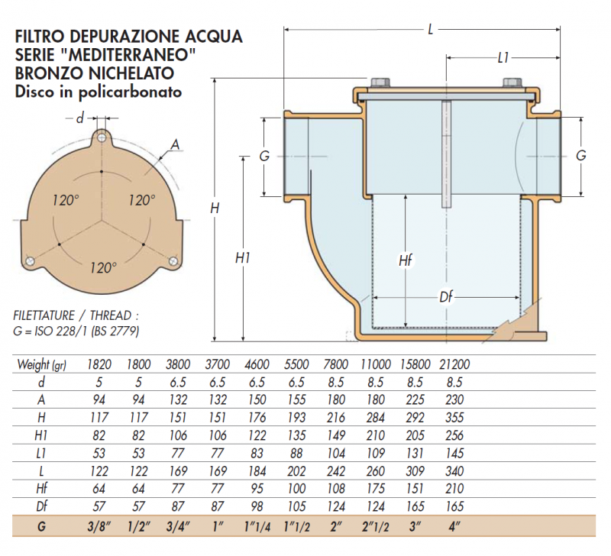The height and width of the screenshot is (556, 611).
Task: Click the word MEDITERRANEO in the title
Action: [131, 55]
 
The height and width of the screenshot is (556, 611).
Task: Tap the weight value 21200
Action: [454, 365]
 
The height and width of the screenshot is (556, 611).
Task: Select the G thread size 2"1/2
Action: [375, 527]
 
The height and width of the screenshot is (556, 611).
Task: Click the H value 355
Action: [454, 418]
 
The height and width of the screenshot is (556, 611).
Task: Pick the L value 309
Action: [415, 471]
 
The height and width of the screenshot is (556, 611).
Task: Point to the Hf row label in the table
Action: [41, 489]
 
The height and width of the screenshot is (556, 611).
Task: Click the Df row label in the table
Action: [41, 506]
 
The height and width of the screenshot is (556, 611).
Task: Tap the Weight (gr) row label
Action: [42, 365]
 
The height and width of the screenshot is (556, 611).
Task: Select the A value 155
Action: [296, 399]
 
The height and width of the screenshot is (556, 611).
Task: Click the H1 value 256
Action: [454, 435]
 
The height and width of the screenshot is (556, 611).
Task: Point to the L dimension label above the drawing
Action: [430, 29]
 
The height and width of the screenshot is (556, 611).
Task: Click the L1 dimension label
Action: [503, 58]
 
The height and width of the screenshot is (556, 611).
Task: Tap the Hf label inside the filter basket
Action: [406, 260]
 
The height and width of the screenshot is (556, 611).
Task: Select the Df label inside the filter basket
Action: [446, 297]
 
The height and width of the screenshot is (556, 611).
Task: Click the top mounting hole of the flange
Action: [102, 137]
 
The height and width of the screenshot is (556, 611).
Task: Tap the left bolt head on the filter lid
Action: [380, 82]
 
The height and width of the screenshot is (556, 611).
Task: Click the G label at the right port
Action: [580, 156]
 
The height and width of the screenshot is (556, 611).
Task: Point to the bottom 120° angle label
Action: [103, 268]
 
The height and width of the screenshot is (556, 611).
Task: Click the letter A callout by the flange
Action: [176, 145]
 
